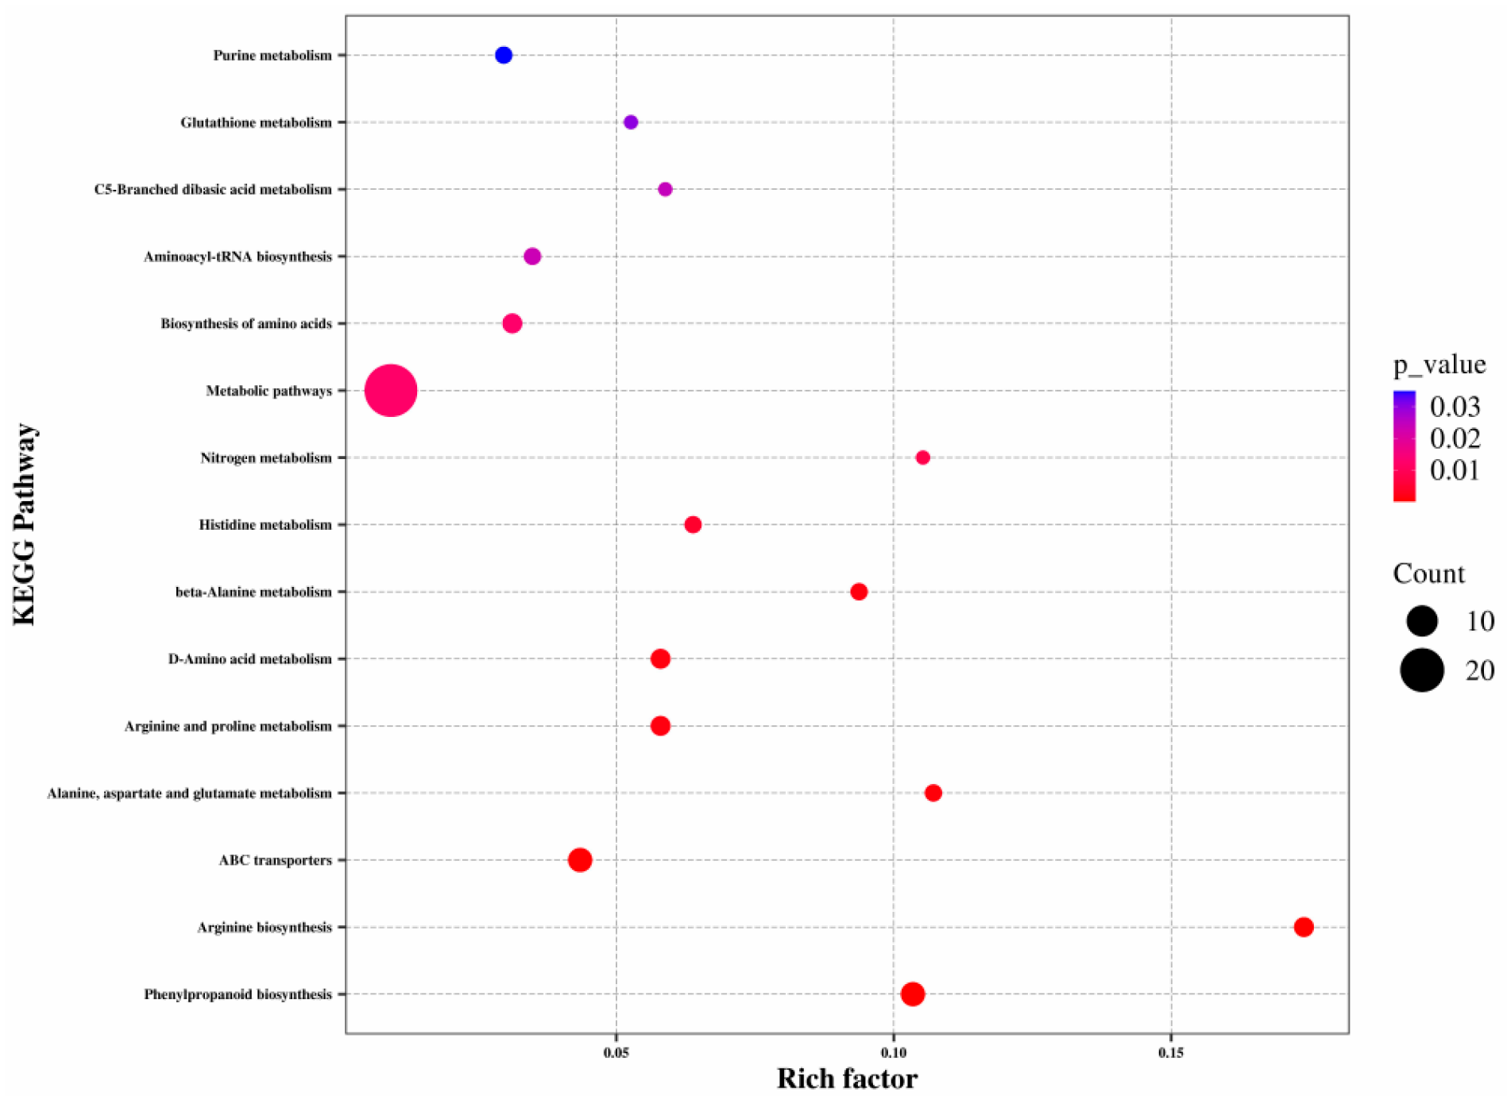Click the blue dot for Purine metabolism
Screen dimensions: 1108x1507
503,56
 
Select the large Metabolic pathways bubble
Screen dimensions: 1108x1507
390,391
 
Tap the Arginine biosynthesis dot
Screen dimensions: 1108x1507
1303,927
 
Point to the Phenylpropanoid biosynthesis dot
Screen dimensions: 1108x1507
912,994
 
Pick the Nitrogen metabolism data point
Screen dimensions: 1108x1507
922,457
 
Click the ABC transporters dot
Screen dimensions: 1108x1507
580,860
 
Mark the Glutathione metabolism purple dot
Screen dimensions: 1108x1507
631,122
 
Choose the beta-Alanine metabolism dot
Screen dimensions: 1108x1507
859,592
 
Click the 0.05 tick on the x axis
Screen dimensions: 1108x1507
616,1053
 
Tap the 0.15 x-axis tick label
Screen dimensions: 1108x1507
1171,1053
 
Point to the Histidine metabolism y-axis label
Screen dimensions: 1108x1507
265,525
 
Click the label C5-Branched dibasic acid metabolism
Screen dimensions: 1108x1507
213,190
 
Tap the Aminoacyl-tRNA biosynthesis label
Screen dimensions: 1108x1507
238,257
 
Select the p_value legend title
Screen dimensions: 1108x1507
1439,365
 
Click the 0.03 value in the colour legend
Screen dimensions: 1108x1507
1455,407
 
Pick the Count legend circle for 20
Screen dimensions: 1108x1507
1421,670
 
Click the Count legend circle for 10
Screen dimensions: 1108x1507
1421,620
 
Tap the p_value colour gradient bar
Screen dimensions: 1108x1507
1404,446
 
